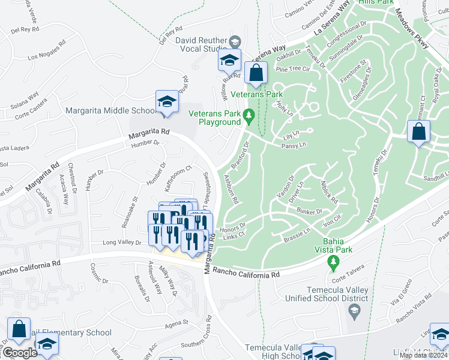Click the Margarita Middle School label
[x=110, y=111]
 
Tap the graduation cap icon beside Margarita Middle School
[x=167, y=103]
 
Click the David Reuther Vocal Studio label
[x=202, y=43]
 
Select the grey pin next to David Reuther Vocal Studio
[x=235, y=42]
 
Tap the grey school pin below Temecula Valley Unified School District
[x=354, y=310]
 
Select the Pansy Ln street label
[x=294, y=145]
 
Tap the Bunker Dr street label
[x=309, y=211]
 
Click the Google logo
[x=20, y=353]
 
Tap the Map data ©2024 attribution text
[x=423, y=355]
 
